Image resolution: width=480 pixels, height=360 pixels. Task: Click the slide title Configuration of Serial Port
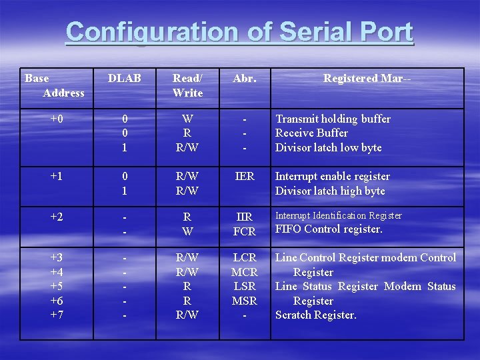[239, 32]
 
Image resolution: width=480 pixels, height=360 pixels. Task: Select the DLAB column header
[125, 79]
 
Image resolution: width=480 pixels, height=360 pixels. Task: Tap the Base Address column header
[55, 85]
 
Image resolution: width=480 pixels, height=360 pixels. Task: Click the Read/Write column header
[187, 85]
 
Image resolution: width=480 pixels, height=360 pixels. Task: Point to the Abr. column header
[244, 79]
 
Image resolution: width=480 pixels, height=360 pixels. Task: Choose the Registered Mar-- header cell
[367, 79]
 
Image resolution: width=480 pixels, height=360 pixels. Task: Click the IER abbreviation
[245, 177]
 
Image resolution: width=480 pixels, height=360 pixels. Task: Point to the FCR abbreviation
[245, 232]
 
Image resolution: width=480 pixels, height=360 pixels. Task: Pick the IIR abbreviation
[245, 217]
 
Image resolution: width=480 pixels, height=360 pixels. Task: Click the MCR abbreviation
[245, 272]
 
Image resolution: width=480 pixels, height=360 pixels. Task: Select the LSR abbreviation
[245, 287]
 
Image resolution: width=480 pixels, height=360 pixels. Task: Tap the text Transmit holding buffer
[333, 119]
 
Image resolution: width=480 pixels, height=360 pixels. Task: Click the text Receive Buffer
[311, 133]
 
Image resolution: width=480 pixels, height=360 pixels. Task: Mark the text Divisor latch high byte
[330, 191]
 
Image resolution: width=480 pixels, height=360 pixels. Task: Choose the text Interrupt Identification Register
[339, 215]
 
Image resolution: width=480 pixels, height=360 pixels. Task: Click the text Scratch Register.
[316, 315]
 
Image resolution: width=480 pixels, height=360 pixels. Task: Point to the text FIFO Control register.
[329, 229]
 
